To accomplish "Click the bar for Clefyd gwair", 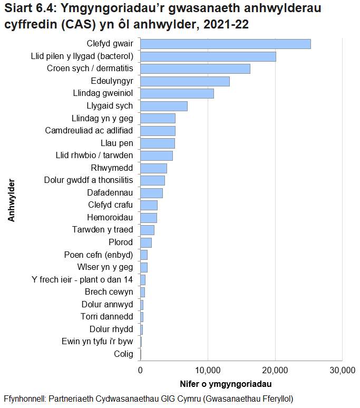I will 225,44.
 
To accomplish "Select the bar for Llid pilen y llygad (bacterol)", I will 208,56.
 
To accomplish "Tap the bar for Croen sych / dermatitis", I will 195,69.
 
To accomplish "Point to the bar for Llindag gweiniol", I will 177,93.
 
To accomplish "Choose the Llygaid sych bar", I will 163,106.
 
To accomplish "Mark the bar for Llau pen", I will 157,143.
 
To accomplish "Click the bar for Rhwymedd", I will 153,168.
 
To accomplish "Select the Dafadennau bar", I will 151,193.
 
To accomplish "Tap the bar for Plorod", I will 145,242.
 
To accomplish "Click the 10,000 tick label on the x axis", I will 208,370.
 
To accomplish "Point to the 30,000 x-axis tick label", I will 342,370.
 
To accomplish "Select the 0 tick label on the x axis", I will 140,370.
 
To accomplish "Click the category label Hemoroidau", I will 110,218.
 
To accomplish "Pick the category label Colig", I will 123,354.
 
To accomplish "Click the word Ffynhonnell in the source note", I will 24,398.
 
